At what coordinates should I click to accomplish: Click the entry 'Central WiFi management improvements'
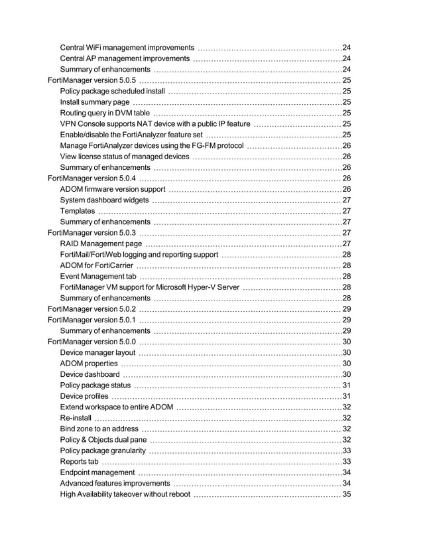click(127, 48)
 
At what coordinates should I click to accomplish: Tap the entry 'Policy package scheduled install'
click(112, 91)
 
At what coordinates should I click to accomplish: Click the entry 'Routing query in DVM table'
click(105, 113)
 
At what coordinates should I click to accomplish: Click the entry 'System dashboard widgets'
click(104, 200)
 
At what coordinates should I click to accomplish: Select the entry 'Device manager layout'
click(97, 352)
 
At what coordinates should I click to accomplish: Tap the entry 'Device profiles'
click(86, 396)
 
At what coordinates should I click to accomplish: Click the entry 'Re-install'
click(76, 418)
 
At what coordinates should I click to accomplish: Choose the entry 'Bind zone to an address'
click(99, 429)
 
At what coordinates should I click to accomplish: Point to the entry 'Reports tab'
click(79, 461)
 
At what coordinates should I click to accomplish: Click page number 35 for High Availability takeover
click(346, 494)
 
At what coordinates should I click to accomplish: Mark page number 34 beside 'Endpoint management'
click(346, 472)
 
